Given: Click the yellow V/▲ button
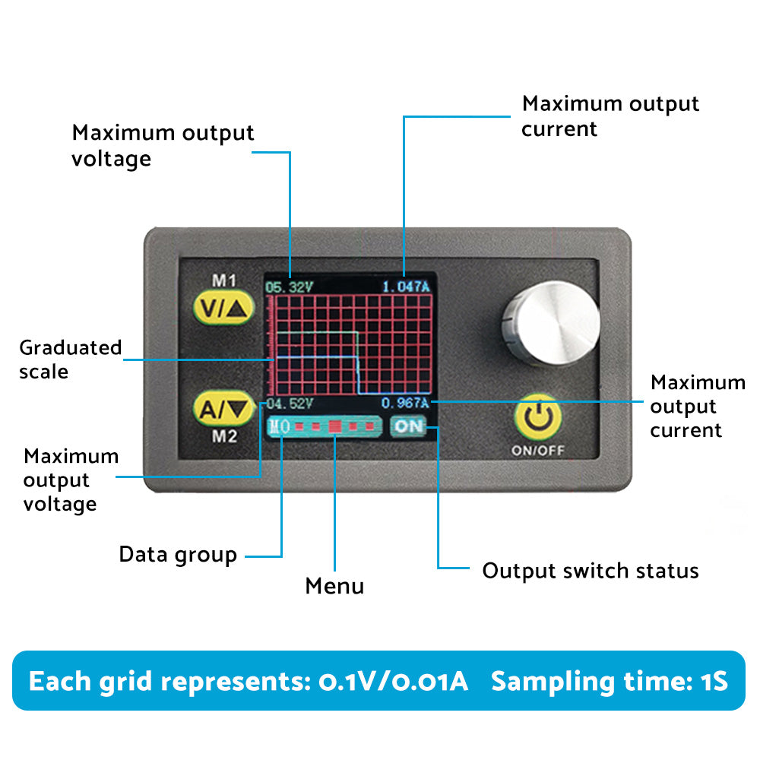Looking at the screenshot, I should pyautogui.click(x=222, y=309).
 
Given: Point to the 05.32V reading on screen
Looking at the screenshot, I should pyautogui.click(x=289, y=287).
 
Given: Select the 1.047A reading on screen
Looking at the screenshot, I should pyautogui.click(x=406, y=287).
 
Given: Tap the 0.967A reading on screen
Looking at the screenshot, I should pyautogui.click(x=405, y=403).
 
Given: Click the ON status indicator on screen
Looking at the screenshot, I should pyautogui.click(x=409, y=426).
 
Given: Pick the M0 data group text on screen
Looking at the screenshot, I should pyautogui.click(x=279, y=426).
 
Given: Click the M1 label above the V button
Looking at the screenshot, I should pyautogui.click(x=223, y=280).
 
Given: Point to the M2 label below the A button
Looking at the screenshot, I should pyautogui.click(x=223, y=436).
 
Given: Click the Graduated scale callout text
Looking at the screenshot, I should pyautogui.click(x=70, y=359).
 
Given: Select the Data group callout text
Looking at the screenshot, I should pyautogui.click(x=178, y=555).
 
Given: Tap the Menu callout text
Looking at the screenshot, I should pyautogui.click(x=334, y=586).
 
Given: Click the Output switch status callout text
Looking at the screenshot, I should pyautogui.click(x=591, y=571).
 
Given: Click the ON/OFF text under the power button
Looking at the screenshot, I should pyautogui.click(x=538, y=450).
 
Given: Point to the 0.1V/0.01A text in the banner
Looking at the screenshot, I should pyautogui.click(x=393, y=681).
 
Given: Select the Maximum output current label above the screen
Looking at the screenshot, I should pyautogui.click(x=610, y=116).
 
